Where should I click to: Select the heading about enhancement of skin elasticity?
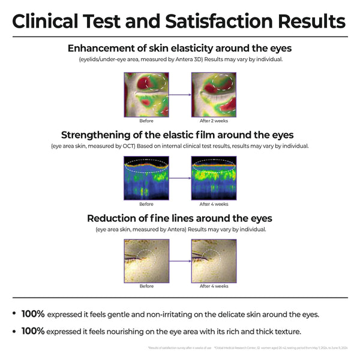click(180, 48)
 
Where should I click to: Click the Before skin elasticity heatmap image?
click(146, 95)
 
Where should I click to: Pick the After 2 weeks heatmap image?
click(213, 95)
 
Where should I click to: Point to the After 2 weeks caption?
click(213, 121)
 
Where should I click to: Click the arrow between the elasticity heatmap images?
click(180, 95)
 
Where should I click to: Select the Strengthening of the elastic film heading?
click(180, 134)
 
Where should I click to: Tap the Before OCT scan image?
click(146, 178)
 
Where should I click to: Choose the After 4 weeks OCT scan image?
click(213, 178)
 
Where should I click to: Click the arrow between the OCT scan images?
click(180, 178)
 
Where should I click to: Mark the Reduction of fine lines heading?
click(180, 218)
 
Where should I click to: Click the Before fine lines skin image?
click(146, 260)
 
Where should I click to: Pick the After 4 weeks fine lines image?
click(213, 260)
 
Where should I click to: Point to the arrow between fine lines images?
click(180, 260)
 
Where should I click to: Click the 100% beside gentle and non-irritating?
click(32, 314)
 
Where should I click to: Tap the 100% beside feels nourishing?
click(32, 331)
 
